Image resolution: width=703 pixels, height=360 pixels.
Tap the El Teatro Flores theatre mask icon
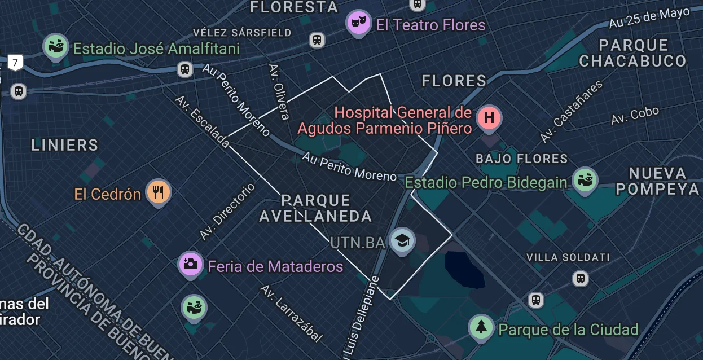point(359,23)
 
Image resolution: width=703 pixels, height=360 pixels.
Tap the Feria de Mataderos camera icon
point(191,264)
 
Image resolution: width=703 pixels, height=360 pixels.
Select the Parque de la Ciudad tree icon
point(481,327)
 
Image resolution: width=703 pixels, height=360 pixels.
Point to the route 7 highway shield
point(15,62)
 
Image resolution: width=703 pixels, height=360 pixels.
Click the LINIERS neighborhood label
point(65,145)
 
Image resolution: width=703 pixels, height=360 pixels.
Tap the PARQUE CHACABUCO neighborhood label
point(633,53)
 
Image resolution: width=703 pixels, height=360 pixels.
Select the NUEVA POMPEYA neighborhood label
point(657,181)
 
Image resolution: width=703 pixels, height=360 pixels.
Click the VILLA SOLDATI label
point(568,257)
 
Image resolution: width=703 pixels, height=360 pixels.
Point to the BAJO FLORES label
point(521,159)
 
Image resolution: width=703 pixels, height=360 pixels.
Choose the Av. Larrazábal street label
point(291,313)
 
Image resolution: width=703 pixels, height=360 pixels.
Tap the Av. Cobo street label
point(635,115)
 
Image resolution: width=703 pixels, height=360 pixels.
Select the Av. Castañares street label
point(571,112)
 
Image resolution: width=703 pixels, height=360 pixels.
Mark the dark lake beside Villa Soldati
point(464,269)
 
